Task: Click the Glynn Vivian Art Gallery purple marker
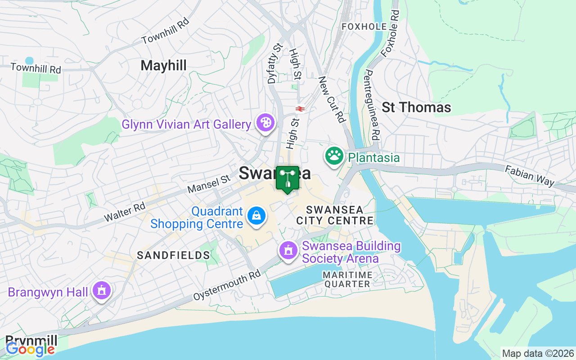pos(265,122)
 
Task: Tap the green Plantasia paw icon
pos(334,156)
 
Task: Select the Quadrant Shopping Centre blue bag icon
pos(256,215)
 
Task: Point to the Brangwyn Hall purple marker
pos(102,291)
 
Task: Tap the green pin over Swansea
pos(287,179)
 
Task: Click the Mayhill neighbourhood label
pos(163,66)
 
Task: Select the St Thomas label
pos(416,107)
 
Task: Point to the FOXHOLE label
pos(364,27)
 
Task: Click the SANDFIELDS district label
pos(174,256)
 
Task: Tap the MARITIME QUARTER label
pos(347,279)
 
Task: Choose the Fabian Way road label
pos(529,175)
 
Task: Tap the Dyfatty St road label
pos(274,63)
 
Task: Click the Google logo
pos(30,349)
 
